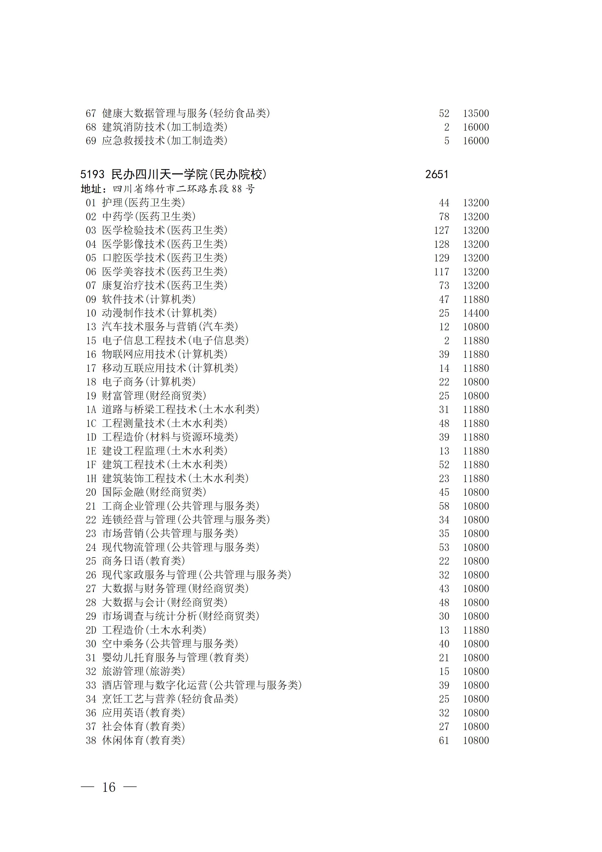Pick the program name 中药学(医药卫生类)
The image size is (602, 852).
tap(149, 217)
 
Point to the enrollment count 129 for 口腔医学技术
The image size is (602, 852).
tap(441, 258)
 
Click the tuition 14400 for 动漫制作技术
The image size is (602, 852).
tap(476, 313)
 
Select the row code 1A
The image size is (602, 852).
tap(91, 410)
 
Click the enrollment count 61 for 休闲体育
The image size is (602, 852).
tap(444, 740)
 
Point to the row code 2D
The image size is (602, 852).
tap(91, 630)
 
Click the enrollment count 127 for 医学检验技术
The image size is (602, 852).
tap(441, 231)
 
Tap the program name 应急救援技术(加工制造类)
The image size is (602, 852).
tap(165, 141)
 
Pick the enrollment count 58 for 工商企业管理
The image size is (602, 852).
tap(444, 506)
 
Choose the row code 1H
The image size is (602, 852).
tap(91, 479)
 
